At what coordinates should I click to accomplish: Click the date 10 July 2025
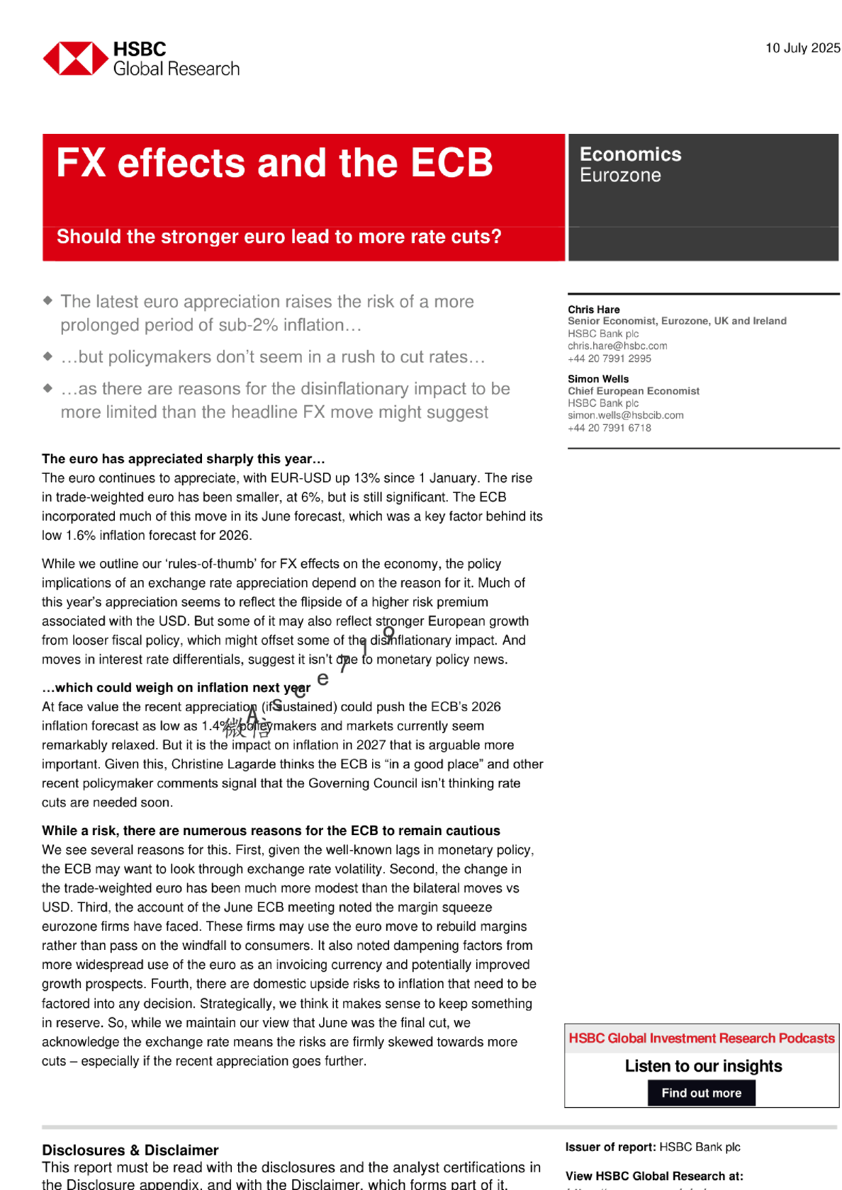[x=802, y=48]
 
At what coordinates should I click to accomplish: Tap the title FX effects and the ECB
[x=274, y=163]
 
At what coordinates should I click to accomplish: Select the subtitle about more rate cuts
[x=279, y=237]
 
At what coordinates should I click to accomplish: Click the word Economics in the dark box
[x=630, y=154]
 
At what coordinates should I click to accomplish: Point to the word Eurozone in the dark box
[x=620, y=175]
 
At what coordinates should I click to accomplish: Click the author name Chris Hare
[x=593, y=310]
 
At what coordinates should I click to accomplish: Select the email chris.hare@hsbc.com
[x=617, y=346]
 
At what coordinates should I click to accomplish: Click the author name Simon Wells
[x=597, y=379]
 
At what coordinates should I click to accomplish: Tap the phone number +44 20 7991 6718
[x=609, y=428]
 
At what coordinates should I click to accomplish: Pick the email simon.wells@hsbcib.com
[x=625, y=415]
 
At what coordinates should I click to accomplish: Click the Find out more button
[x=701, y=1093]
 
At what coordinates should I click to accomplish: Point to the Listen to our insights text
[x=703, y=1066]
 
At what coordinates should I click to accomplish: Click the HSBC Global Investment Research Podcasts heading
[x=701, y=1038]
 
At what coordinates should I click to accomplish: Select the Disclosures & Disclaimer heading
[x=130, y=1150]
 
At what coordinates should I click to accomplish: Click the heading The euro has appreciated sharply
[x=183, y=459]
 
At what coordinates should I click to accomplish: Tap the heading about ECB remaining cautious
[x=271, y=831]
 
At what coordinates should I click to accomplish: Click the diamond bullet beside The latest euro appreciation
[x=47, y=300]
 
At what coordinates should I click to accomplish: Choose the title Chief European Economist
[x=633, y=391]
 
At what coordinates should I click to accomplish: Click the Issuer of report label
[x=610, y=1147]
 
